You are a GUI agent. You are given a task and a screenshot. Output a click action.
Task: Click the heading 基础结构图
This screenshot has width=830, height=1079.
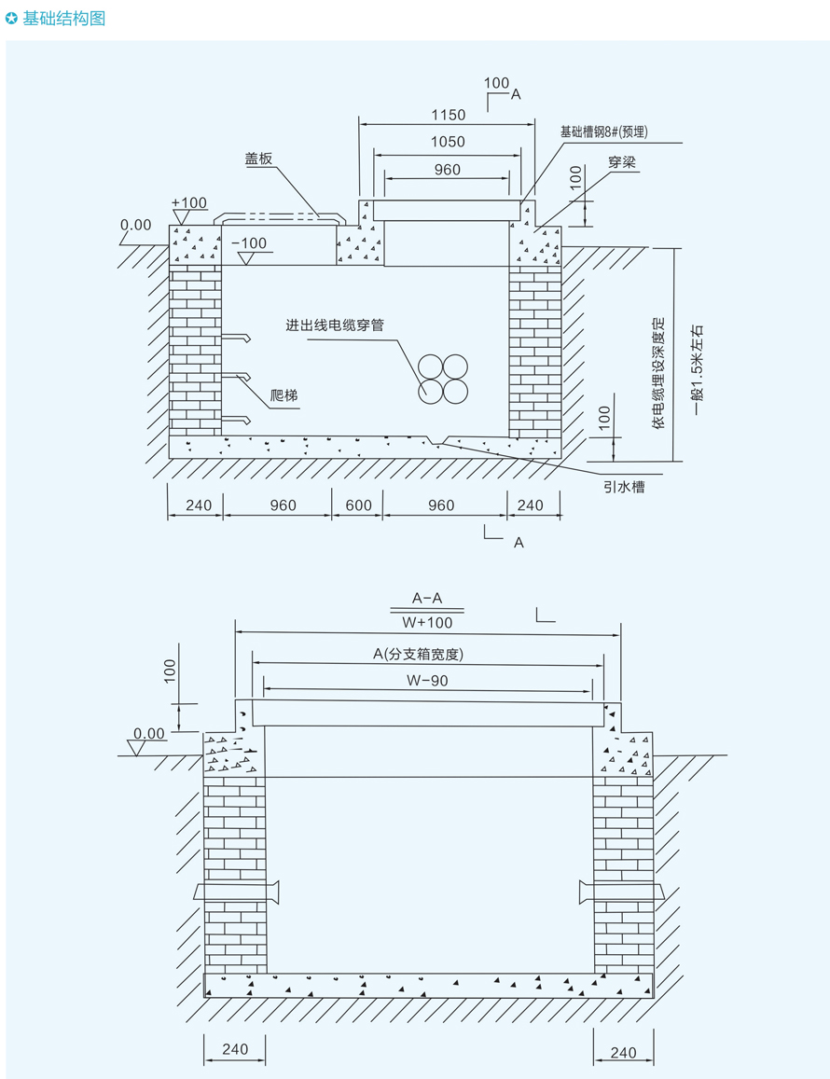tap(63, 19)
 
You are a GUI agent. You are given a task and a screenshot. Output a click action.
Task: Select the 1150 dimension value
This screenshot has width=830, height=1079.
tap(448, 115)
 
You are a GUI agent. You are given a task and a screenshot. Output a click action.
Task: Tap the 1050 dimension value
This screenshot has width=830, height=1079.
tap(448, 142)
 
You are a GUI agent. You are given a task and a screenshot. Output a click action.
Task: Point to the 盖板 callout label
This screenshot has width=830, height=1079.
tap(258, 159)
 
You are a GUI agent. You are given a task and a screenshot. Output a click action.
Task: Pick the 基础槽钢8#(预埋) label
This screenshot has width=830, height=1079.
tap(603, 132)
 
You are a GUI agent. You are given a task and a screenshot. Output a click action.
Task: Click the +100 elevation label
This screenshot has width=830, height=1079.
tap(189, 202)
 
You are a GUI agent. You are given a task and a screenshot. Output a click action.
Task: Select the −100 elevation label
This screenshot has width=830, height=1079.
tap(249, 243)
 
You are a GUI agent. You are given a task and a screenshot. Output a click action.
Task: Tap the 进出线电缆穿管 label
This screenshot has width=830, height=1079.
tap(335, 325)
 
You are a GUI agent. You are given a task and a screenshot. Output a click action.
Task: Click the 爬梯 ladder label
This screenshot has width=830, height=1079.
tap(284, 395)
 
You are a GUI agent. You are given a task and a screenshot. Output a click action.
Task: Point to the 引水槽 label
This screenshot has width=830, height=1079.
tap(624, 486)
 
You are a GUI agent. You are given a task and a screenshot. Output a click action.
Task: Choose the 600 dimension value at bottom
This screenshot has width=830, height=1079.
tap(358, 505)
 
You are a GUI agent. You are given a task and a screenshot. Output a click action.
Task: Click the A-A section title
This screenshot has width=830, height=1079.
tap(427, 599)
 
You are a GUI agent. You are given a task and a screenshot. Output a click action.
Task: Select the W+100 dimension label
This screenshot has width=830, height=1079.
tap(427, 622)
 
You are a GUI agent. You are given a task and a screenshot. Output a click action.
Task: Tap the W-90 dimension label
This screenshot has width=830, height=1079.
tap(427, 681)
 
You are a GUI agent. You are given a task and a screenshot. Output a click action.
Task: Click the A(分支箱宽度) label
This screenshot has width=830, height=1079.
tap(418, 655)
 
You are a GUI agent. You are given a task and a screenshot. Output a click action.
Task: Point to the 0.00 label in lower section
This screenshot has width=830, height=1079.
tap(149, 734)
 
